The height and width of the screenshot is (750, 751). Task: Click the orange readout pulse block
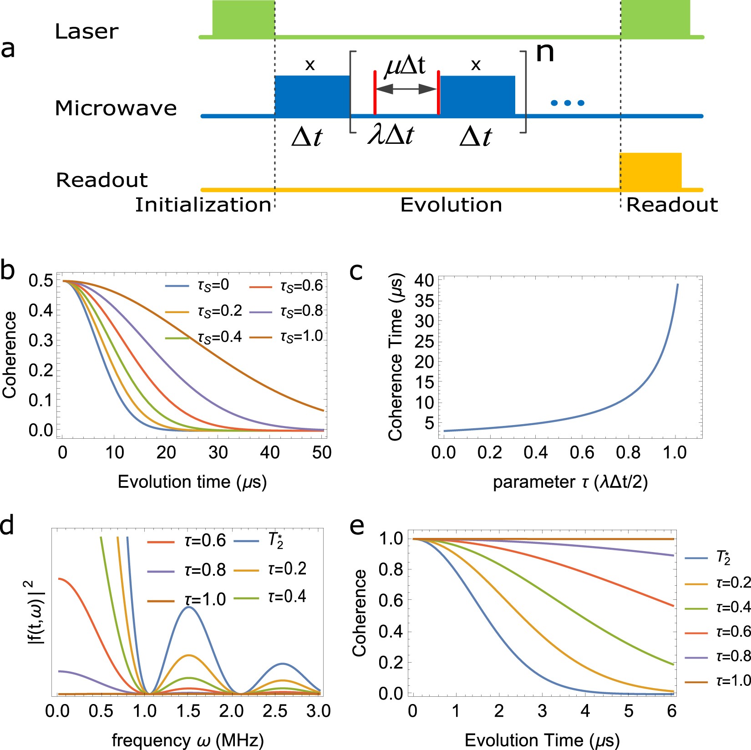(651, 171)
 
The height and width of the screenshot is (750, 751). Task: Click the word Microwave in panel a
(116, 108)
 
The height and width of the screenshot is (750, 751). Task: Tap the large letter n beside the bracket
(545, 52)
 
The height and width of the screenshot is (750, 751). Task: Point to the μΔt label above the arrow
(405, 65)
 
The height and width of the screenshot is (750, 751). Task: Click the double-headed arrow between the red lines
(406, 89)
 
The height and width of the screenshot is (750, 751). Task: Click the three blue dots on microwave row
(567, 103)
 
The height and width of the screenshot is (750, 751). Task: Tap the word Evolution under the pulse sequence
(451, 205)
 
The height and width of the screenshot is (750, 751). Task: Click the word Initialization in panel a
(203, 205)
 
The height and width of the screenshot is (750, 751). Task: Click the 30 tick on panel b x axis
(218, 452)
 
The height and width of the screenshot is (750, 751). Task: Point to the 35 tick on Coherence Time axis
(424, 301)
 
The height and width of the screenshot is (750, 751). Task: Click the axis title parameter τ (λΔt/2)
(570, 482)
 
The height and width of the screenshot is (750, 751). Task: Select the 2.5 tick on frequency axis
(274, 711)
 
